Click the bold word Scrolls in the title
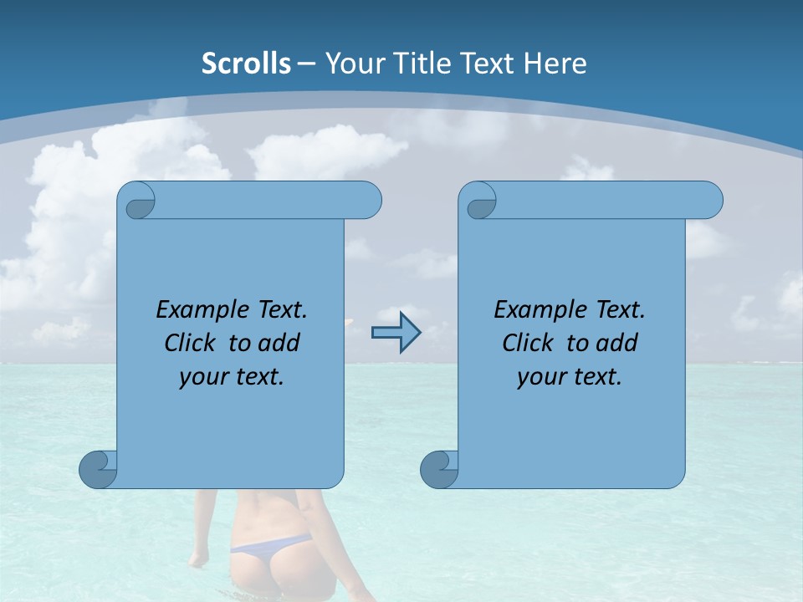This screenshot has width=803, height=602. point(247,63)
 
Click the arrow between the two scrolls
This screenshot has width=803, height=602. point(396,334)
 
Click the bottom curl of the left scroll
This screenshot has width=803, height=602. point(98,469)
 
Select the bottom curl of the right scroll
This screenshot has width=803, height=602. point(438,469)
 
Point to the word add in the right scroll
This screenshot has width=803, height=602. point(617,343)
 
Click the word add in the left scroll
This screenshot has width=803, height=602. point(279,343)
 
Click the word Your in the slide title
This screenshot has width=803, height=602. point(352,63)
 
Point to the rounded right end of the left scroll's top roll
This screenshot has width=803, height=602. point(368,201)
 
